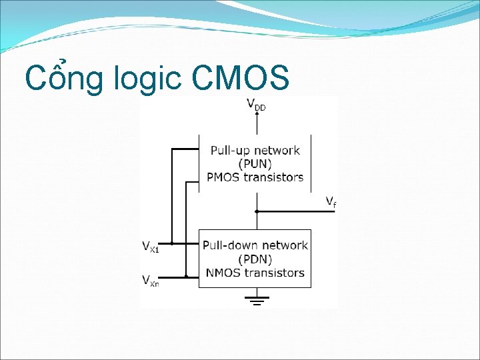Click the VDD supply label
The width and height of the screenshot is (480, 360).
coord(256,105)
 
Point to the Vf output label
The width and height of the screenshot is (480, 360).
coord(330,201)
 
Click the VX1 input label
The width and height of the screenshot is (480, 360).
coord(151,246)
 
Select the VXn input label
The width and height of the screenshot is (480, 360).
coord(151,280)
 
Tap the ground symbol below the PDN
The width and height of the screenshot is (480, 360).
coord(257,301)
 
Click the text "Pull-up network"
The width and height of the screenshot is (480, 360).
coord(255,151)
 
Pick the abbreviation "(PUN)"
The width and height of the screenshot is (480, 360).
coord(255,163)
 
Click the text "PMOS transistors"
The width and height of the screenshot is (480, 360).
coord(255,177)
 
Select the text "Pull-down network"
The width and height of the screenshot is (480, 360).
coord(255,245)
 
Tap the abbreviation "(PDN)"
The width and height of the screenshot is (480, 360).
coord(255,259)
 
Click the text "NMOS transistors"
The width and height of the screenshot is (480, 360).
coord(255,272)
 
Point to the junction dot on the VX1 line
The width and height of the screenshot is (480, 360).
coord(172,243)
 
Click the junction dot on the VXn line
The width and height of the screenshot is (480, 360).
coord(186,276)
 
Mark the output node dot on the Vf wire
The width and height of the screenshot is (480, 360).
coord(257,211)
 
